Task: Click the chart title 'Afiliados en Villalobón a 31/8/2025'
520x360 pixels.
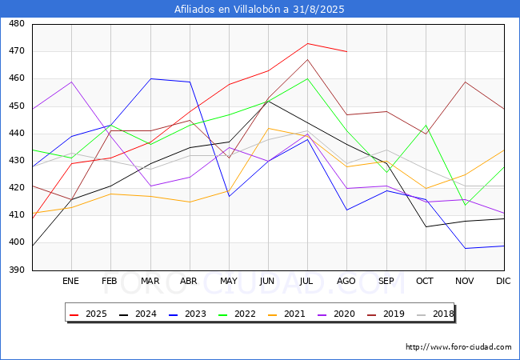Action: coord(260,9)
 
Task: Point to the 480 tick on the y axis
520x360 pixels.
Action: coord(17,24)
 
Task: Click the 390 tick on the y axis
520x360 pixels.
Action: coord(17,270)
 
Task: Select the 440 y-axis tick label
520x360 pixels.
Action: coord(17,134)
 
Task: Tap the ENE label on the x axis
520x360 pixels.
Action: coord(71,282)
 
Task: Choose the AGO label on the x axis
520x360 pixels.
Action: coord(346,282)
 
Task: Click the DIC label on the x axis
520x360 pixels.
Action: coord(503,282)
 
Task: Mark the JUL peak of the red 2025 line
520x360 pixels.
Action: coord(307,43)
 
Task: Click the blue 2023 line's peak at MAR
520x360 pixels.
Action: coord(150,78)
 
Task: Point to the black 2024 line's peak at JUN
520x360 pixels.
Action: coord(268,101)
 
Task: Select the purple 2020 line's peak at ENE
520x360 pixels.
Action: coord(72,82)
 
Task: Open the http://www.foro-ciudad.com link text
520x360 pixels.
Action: coord(458,347)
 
